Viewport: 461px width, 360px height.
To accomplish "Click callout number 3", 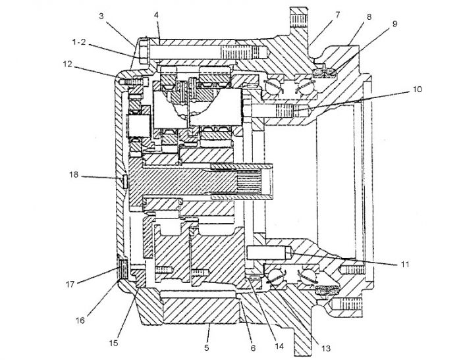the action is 101,16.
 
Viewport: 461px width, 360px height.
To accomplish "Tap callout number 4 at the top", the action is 156,15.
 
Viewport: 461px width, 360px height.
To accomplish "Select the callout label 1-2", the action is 79,42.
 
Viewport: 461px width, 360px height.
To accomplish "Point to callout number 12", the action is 68,64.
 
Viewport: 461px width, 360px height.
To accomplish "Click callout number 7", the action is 337,14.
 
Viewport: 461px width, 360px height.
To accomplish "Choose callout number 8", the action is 369,16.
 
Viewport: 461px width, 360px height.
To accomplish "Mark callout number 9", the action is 394,24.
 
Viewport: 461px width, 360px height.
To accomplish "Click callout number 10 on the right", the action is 417,89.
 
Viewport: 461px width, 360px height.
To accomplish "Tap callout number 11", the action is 405,264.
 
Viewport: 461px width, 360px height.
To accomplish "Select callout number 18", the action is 74,175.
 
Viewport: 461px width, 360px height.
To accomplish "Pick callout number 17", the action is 70,284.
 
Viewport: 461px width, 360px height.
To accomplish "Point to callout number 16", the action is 80,320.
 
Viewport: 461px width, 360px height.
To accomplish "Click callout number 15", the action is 113,343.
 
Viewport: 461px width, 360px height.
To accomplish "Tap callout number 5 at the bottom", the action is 207,347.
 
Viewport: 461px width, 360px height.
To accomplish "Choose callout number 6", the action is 253,348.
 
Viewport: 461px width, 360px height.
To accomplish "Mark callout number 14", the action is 279,346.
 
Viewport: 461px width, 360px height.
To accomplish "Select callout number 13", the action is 326,348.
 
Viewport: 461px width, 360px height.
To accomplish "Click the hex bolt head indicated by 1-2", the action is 144,52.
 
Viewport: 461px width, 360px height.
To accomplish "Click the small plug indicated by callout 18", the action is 125,182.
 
